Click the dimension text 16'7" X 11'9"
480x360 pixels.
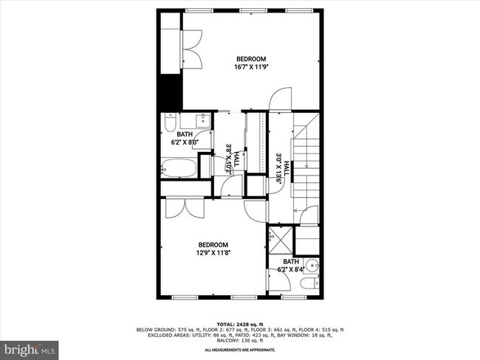click(x=250, y=66)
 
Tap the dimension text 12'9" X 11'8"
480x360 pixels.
click(x=213, y=252)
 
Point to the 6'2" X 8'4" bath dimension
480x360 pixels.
click(x=290, y=269)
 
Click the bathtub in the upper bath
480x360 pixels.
click(x=179, y=167)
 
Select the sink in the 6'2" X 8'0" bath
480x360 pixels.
click(x=202, y=120)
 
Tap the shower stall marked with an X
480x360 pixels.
click(x=279, y=240)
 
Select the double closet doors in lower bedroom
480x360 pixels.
click(x=184, y=209)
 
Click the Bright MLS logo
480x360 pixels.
click(x=30, y=347)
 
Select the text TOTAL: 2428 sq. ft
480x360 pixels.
click(x=239, y=324)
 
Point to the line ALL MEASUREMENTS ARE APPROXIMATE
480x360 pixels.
click(x=239, y=350)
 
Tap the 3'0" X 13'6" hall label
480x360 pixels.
click(x=281, y=167)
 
